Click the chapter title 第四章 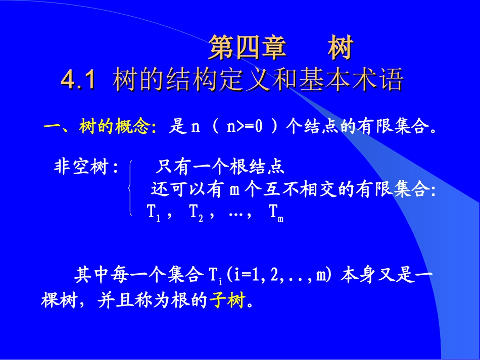(248, 48)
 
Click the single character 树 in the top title (339, 48)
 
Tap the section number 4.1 (78, 79)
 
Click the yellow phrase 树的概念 (116, 127)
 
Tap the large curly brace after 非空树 (130, 189)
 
